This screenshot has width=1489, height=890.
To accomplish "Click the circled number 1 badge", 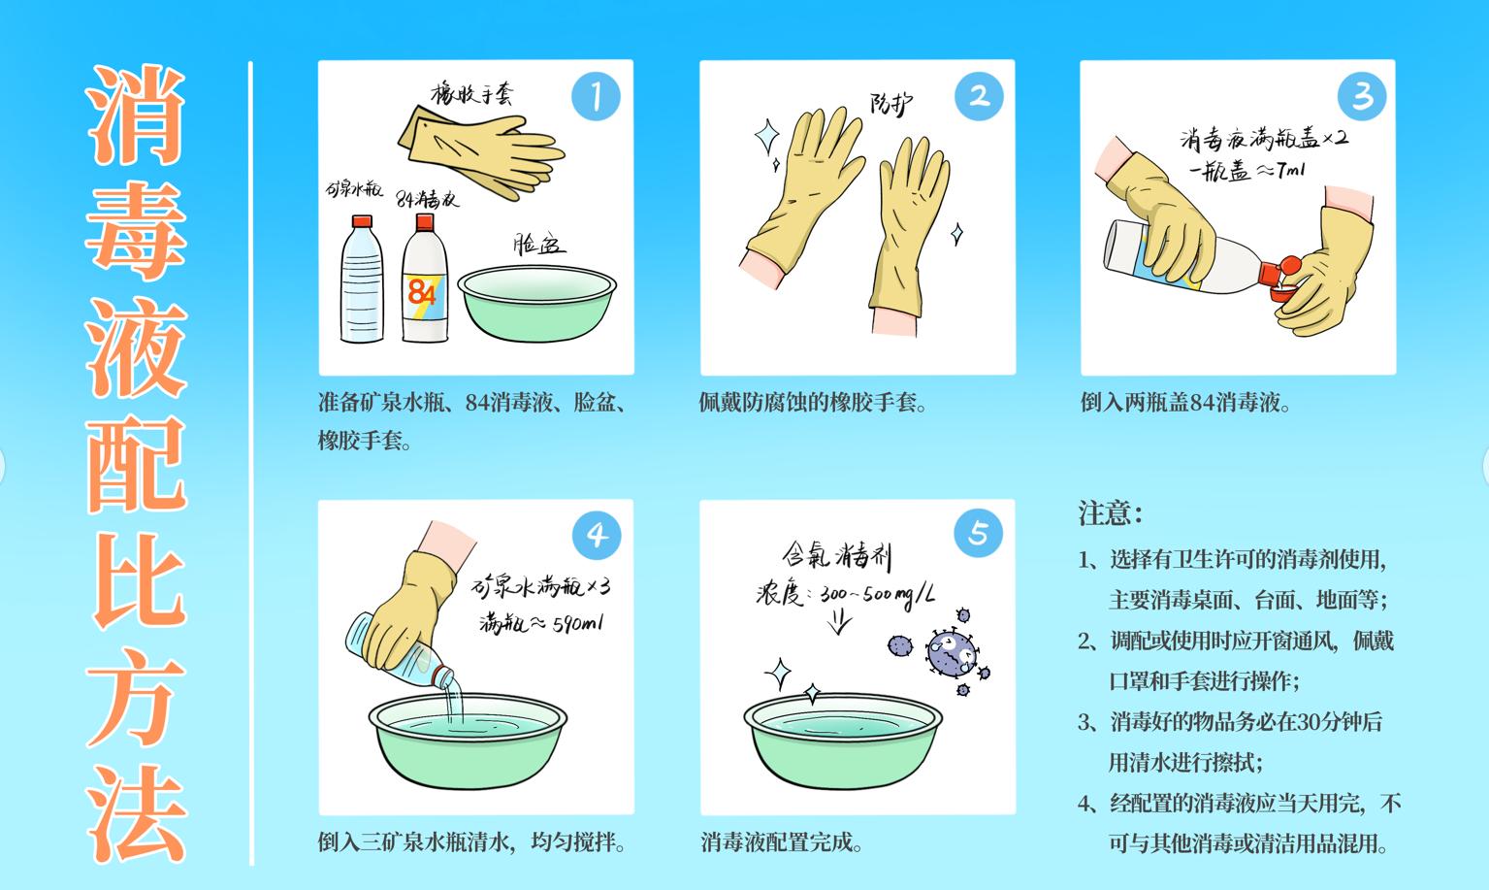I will point(595,96).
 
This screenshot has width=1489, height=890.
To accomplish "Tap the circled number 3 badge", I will point(1362,96).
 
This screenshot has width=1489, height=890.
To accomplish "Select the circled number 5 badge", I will point(978,533).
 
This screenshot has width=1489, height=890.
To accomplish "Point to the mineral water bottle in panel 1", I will point(362,283).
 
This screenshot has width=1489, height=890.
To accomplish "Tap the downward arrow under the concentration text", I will point(840,621).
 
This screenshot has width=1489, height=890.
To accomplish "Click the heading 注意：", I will point(1111,512).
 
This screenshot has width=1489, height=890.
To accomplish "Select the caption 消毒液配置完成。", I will point(782,841).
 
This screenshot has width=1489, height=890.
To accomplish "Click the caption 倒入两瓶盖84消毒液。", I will point(1185,402).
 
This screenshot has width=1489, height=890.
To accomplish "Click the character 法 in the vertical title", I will point(137,815).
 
